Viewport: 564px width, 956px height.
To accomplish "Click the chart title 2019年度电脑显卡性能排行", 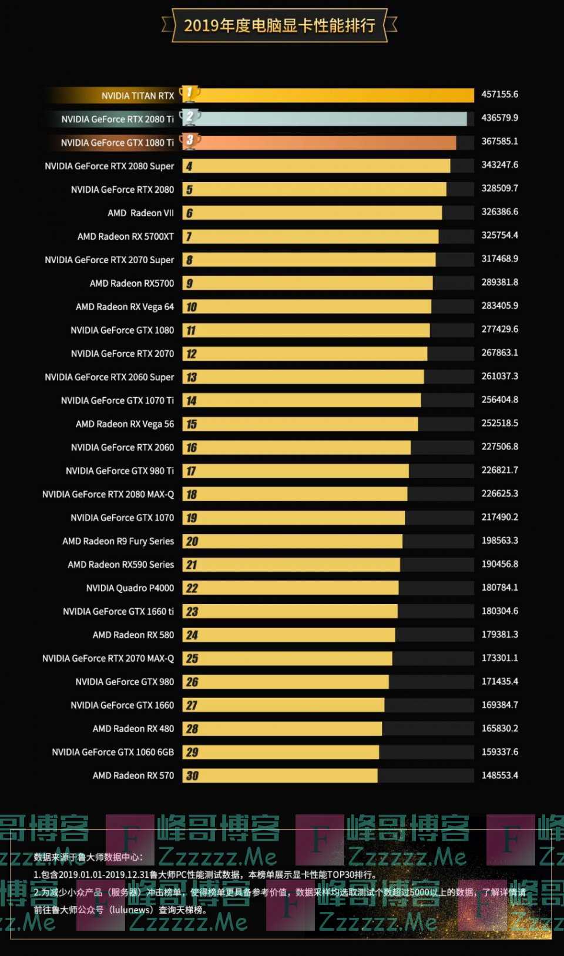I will pos(279,25).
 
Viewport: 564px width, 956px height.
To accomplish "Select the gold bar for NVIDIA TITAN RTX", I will pos(335,95).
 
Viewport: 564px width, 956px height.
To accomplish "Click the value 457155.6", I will pos(499,95).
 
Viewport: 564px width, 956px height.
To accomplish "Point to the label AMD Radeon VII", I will pos(140,213).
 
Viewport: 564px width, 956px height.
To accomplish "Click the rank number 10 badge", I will pos(191,307).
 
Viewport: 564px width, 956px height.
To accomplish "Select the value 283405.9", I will pos(499,306).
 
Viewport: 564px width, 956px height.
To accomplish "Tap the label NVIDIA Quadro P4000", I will pos(130,588).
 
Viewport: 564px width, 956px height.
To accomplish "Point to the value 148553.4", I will pos(499,776).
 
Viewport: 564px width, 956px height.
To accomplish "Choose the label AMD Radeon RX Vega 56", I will pos(125,424).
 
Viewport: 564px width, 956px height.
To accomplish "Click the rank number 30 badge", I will pos(192,776).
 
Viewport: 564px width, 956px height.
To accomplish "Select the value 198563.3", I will pos(499,541).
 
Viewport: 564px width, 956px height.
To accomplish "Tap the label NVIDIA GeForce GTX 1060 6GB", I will pos(113,752).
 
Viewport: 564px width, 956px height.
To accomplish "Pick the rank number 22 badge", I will pos(192,588).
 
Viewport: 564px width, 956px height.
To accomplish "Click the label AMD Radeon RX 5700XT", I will pos(126,237).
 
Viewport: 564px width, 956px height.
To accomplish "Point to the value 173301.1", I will pos(499,658).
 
